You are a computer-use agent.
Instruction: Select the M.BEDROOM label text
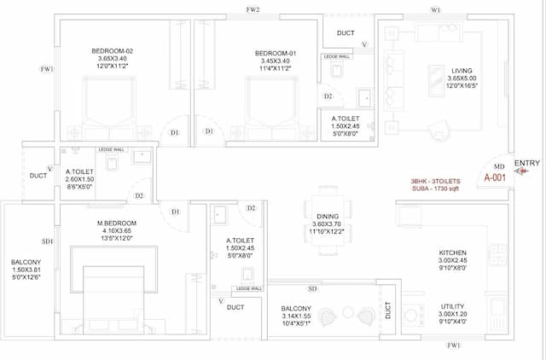[x=117, y=224]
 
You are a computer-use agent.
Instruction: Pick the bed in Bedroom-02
[x=108, y=107]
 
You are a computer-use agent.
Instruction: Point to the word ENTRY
[x=527, y=163]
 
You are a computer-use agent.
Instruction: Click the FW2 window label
[x=252, y=9]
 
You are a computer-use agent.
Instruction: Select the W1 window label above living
[x=435, y=9]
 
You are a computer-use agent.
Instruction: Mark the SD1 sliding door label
[x=47, y=242]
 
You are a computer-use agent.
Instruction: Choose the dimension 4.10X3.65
[x=117, y=231]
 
